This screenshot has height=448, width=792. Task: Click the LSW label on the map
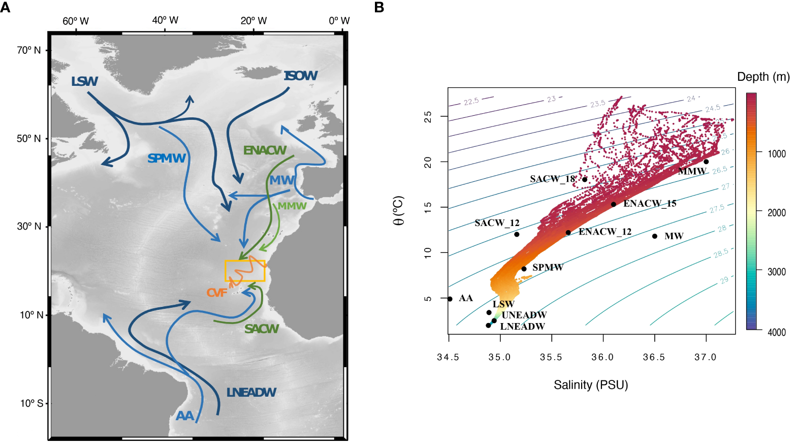click(84, 81)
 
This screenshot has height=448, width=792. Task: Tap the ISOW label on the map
click(300, 76)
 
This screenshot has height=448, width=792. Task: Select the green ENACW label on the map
click(265, 150)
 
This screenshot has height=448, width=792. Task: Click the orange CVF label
click(217, 293)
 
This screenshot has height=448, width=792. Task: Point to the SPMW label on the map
click(167, 158)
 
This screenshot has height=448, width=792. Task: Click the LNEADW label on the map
click(251, 392)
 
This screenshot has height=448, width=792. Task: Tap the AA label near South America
click(185, 416)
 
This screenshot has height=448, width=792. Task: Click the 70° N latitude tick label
click(28, 50)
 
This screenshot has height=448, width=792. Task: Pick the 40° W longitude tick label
click(165, 20)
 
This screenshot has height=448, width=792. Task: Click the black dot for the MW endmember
click(654, 236)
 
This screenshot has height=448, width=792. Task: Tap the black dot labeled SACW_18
click(585, 179)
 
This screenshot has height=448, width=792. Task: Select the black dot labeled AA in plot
click(450, 299)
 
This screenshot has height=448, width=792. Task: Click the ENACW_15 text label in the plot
click(650, 204)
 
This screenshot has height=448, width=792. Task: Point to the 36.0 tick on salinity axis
click(603, 357)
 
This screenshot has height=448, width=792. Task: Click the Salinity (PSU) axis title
click(591, 385)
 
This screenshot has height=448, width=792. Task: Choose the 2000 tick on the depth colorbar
click(776, 212)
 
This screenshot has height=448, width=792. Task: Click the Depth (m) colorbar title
click(763, 77)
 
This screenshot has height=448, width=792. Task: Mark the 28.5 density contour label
click(721, 253)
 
